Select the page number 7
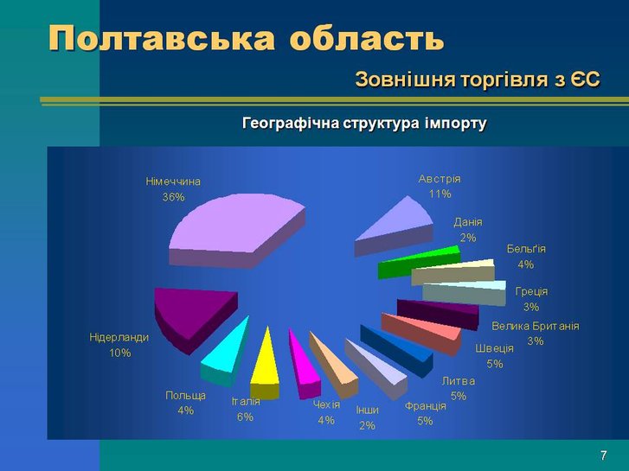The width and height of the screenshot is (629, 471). click(604, 455)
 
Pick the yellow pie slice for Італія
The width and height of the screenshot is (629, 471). click(265, 369)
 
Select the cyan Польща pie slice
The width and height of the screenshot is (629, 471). click(225, 353)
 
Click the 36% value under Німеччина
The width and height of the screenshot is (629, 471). click(173, 197)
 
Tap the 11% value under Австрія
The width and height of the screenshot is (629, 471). click(440, 194)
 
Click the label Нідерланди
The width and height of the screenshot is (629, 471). click(119, 338)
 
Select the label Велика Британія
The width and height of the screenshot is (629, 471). click(536, 326)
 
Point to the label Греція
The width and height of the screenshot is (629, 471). click(531, 291)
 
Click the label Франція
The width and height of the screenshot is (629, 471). click(425, 406)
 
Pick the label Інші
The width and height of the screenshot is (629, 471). click(367, 410)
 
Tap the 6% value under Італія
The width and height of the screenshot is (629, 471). click(245, 417)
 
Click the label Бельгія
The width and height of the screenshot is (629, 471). click(526, 249)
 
